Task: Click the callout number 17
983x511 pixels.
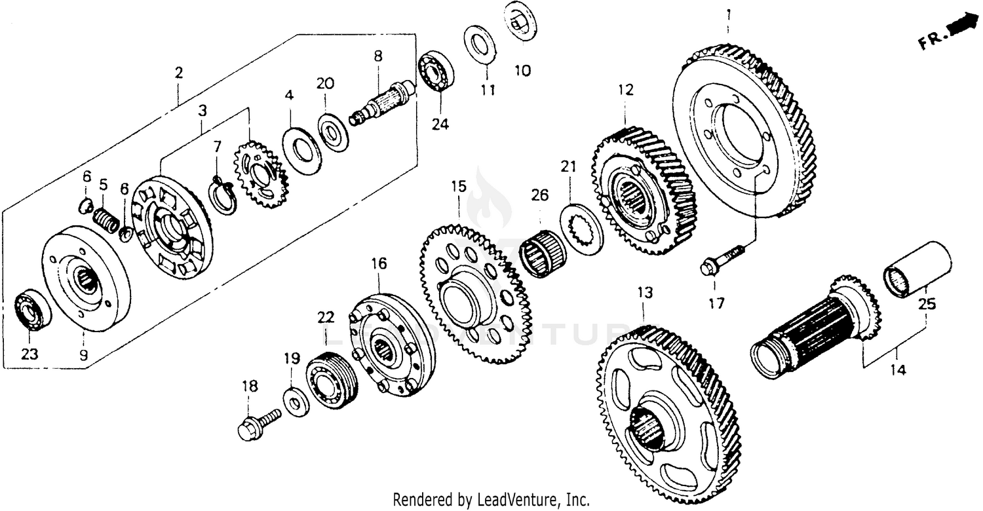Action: click(x=716, y=303)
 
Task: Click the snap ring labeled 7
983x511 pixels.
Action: click(x=222, y=196)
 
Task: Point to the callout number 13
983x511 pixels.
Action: click(x=646, y=292)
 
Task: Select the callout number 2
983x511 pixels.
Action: click(x=178, y=73)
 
